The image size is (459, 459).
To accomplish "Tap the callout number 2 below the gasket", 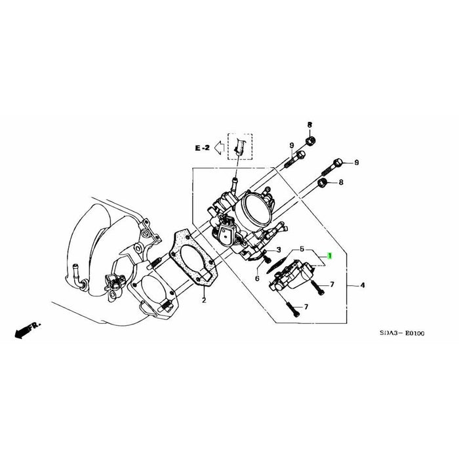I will [204, 300].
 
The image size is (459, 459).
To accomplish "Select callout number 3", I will [278, 250].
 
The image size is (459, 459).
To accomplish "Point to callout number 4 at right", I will [363, 285].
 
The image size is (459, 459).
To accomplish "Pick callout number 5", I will [302, 249].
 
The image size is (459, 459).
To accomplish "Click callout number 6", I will [257, 279].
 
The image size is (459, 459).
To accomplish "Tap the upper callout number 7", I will [332, 285].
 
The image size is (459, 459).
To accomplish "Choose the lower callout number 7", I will [306, 307].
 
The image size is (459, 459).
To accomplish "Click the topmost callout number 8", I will [309, 125].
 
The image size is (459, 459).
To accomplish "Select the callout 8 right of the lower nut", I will [340, 182].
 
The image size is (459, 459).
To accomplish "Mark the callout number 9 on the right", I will [357, 162].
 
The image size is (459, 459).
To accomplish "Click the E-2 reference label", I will [202, 149].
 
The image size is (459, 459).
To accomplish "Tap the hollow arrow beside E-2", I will [219, 149].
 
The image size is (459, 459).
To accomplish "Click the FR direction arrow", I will [26, 329].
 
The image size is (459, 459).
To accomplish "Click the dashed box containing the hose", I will [239, 148].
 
